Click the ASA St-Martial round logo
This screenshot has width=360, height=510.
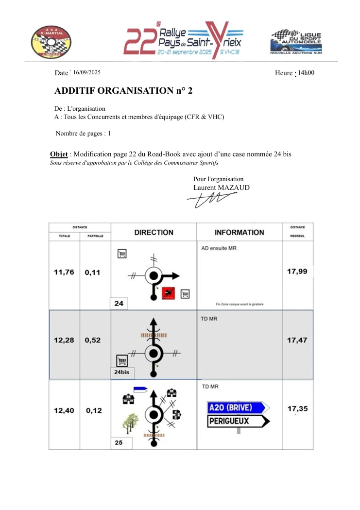tap(51, 41)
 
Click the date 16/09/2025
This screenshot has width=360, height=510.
tap(87, 72)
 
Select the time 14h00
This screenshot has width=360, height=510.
tap(306, 72)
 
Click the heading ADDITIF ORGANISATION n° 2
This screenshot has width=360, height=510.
tap(124, 91)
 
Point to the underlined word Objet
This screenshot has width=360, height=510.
tap(59, 154)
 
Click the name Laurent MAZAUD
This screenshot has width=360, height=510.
tap(222, 187)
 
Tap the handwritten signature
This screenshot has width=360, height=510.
tap(211, 199)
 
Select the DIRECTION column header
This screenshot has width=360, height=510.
tap(154, 233)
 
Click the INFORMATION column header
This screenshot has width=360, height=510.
tap(239, 233)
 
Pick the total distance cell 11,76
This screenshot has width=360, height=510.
tap(64, 272)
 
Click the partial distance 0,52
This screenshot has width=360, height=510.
tap(93, 340)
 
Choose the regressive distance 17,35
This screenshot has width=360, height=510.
tap(297, 409)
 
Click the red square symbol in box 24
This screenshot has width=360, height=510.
tap(169, 292)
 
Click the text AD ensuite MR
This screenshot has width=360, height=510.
tap(219, 248)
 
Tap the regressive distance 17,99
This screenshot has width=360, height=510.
tap(297, 272)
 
